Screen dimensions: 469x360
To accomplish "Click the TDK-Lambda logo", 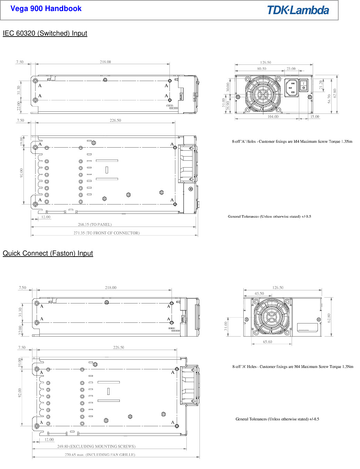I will coord(298,10).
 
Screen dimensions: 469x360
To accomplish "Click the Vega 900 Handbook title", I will coord(46,9).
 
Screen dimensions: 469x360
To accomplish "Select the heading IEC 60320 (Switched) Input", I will coord(45,33).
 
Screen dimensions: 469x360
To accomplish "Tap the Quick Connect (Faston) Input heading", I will coord(48,253).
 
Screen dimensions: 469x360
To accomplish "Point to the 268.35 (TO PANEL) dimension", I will coord(95,224).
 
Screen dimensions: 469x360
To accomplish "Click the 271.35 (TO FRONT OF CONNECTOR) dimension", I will coord(106,233).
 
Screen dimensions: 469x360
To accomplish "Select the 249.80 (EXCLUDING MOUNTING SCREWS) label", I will coord(96,446).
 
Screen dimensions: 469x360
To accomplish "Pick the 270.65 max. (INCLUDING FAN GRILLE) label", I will coord(100,455).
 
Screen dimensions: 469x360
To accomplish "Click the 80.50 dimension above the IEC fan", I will coord(262,69).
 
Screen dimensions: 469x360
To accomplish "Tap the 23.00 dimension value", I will coord(291,69).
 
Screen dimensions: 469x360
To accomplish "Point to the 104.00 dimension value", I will coord(273,117).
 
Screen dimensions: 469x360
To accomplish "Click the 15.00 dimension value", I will coord(315,117).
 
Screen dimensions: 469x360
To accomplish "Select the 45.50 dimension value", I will coord(259,293).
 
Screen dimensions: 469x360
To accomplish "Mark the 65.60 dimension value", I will coord(267,342).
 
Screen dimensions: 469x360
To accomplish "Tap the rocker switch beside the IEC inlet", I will coord(303,85).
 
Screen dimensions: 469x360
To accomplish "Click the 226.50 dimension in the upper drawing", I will coord(115,120).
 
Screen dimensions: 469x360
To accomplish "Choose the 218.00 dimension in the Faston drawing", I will coord(111,288).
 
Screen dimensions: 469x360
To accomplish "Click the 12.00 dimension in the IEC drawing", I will coord(46,217).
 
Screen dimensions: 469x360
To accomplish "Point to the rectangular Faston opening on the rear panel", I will coord(308,327).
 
